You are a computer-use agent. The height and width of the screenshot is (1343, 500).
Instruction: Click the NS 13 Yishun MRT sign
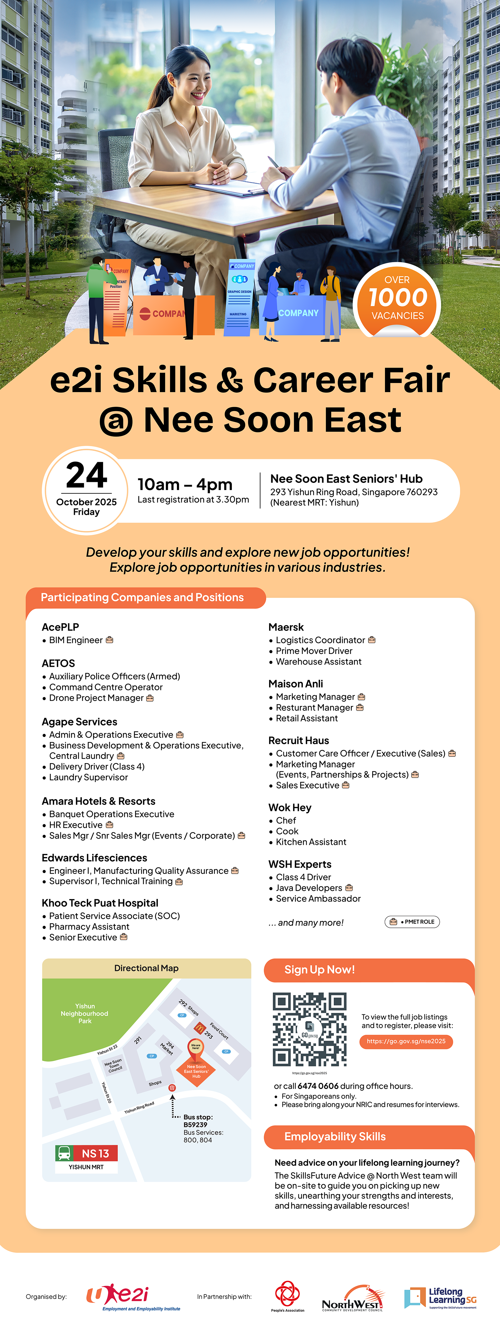pos(87,1158)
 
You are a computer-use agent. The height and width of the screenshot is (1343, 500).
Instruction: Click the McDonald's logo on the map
pos(199,1028)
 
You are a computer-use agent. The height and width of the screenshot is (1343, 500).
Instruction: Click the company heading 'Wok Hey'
pos(290,808)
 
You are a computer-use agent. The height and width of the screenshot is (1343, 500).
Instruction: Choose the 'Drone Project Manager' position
pos(96,698)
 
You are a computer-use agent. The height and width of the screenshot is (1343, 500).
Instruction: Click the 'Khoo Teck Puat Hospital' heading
pos(100,903)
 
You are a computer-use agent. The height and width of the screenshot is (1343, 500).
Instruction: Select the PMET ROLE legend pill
pos(412,922)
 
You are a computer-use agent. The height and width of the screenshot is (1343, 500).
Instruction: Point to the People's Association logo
pos(287,1295)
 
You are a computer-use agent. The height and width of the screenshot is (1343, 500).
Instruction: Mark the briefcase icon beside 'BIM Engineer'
pos(109,640)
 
